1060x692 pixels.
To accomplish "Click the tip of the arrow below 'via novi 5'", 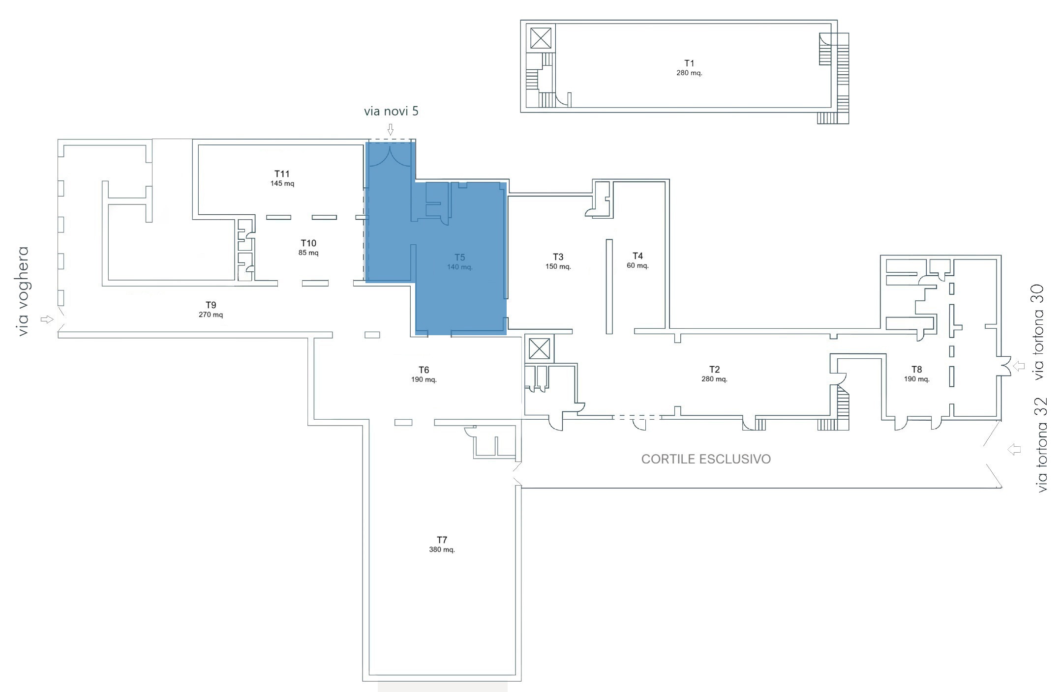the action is click(x=391, y=135).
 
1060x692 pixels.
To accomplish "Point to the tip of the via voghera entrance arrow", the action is click(x=53, y=319).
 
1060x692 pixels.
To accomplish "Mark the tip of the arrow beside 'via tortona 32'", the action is click(x=1007, y=449).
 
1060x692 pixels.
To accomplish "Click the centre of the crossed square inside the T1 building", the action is click(x=541, y=38).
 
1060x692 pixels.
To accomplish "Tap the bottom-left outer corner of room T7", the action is click(x=363, y=681).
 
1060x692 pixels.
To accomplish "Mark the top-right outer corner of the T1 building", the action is click(x=837, y=20).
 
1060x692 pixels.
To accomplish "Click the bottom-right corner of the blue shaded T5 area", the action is click(x=506, y=335).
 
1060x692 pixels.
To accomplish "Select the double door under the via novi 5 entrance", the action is click(x=390, y=155).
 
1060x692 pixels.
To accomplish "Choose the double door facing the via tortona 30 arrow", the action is click(x=1004, y=366).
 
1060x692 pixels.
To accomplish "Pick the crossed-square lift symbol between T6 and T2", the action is click(x=539, y=349).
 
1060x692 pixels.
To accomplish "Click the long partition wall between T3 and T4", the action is click(x=609, y=287).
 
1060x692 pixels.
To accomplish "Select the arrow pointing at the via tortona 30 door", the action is click(x=1019, y=366).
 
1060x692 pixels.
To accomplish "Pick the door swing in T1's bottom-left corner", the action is click(x=563, y=100).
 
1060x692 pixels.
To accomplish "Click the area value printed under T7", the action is click(x=442, y=549).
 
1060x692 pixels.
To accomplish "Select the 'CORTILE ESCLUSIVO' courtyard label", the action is click(x=706, y=459).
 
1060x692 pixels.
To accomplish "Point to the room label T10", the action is click(x=308, y=243).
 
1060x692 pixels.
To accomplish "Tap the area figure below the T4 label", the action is click(x=637, y=265).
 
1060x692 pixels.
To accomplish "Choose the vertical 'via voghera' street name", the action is click(x=23, y=291).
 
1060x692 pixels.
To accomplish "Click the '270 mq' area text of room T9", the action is click(x=211, y=315).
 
